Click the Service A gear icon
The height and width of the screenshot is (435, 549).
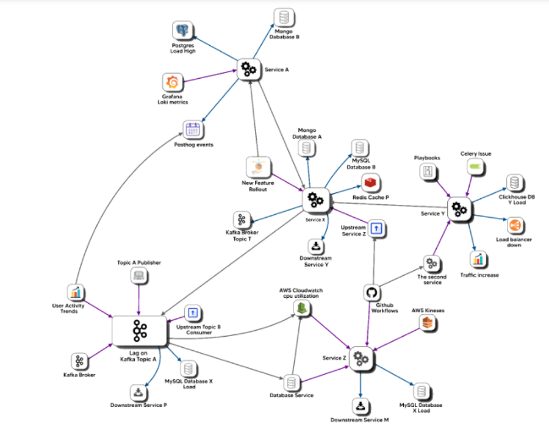pyautogui.click(x=248, y=69)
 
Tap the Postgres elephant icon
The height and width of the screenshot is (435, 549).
pyautogui.click(x=182, y=30)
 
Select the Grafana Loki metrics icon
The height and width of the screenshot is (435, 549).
pyautogui.click(x=173, y=82)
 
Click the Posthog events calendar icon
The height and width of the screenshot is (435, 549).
pyautogui.click(x=193, y=129)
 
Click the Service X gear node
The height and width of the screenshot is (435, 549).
pyautogui.click(x=315, y=199)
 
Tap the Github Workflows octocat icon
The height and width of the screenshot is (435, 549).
pyautogui.click(x=371, y=293)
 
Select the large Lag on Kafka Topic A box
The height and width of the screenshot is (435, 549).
pyautogui.click(x=140, y=333)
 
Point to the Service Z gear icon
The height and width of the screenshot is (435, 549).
pyautogui.click(x=360, y=358)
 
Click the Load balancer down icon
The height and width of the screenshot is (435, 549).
pyautogui.click(x=514, y=226)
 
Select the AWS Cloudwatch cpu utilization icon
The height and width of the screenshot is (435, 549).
pyautogui.click(x=300, y=309)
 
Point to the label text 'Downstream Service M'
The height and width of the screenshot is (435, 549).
pyautogui.click(x=360, y=420)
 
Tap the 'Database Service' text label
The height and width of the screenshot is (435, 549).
pyautogui.click(x=292, y=395)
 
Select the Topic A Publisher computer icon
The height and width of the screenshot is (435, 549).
pyautogui.click(x=139, y=276)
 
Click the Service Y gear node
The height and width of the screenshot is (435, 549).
pyautogui.click(x=459, y=209)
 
